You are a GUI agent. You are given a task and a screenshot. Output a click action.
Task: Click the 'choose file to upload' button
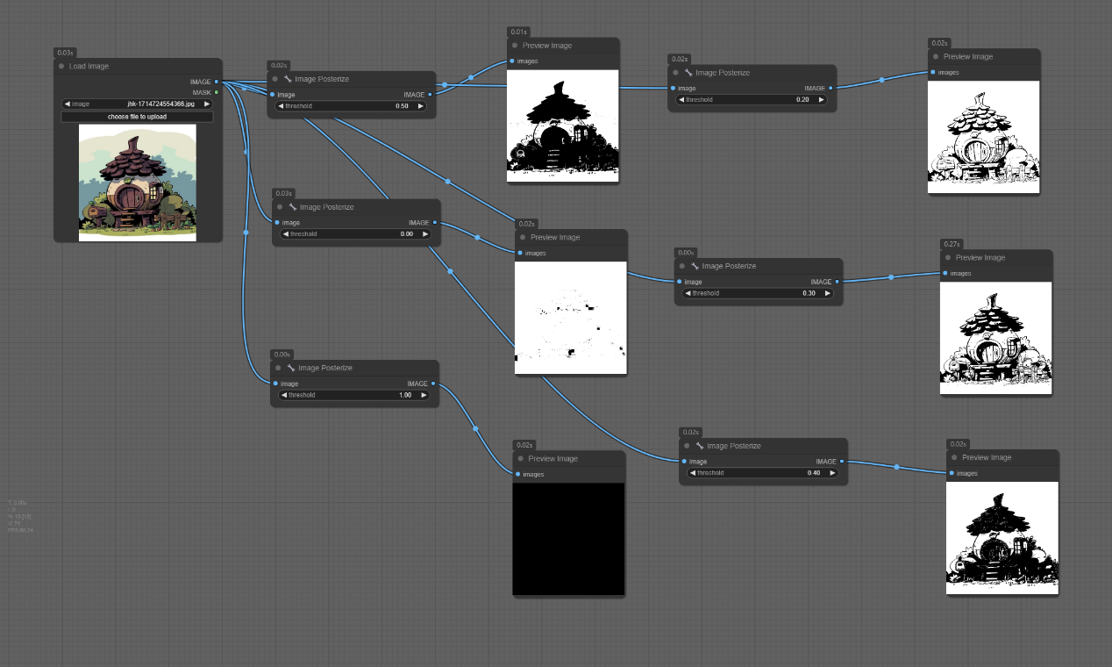tap(137, 116)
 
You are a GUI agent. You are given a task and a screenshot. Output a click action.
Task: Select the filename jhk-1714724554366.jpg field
tap(160, 104)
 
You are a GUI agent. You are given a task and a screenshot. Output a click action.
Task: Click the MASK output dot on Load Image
tap(217, 92)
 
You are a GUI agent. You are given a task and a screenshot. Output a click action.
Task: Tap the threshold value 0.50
tap(402, 106)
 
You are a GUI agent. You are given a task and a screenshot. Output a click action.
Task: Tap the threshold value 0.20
tap(802, 100)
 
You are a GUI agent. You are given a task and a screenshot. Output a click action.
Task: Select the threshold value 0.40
tap(814, 473)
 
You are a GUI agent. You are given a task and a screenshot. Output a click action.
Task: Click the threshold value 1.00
tap(404, 395)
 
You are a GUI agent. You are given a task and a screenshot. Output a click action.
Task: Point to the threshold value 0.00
tap(406, 234)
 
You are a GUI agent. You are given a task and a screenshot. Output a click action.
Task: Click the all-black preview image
tap(568, 538)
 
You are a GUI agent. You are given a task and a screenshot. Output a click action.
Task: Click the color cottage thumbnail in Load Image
tap(137, 182)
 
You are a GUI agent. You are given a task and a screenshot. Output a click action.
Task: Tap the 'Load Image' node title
tap(89, 66)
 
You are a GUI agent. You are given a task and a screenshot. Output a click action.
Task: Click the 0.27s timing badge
tap(952, 244)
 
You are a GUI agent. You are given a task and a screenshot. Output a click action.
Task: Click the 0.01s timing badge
tap(518, 32)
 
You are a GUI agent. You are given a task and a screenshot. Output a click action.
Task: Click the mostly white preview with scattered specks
tap(571, 317)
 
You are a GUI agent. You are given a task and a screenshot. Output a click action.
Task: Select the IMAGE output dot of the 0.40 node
tap(842, 462)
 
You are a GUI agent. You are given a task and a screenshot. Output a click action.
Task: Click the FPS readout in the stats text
tap(21, 530)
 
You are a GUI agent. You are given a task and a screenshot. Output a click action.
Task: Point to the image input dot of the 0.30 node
tap(680, 282)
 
